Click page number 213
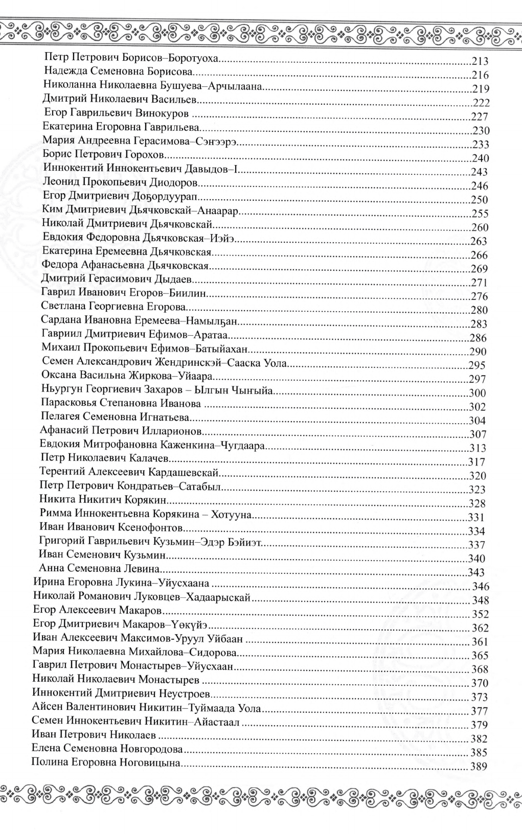(481, 62)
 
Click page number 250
(480, 200)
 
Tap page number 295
(478, 365)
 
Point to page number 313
(478, 448)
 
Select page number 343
(476, 572)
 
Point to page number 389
(481, 767)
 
